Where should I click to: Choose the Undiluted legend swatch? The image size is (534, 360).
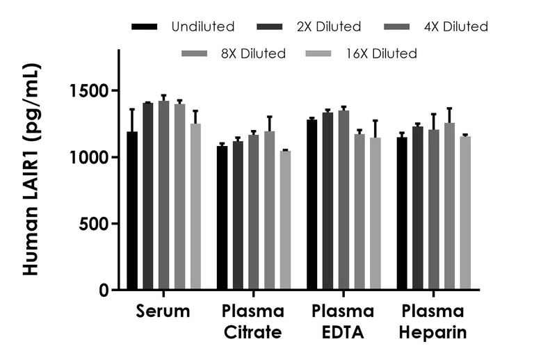point(145,27)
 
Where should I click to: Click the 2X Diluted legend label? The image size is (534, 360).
point(329,27)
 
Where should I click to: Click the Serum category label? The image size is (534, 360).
point(163,311)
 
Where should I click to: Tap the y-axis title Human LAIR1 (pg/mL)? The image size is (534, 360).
point(31,170)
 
